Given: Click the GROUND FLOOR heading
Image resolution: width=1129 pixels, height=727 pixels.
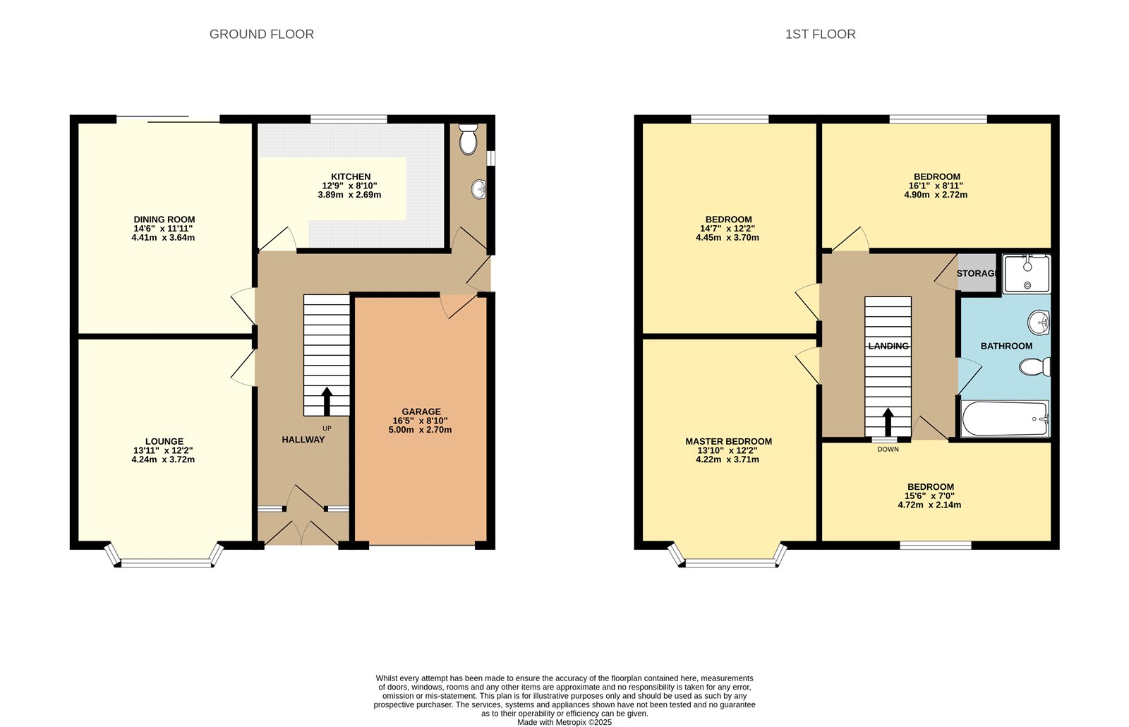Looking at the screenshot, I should [261, 34].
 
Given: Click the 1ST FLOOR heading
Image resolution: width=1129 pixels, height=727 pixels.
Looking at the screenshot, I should [820, 34].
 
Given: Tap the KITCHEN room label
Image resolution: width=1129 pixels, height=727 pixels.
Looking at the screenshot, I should [351, 176].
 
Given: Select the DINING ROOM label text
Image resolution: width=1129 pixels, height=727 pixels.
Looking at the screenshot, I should [164, 220].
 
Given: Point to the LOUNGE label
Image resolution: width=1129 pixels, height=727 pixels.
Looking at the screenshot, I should [164, 441].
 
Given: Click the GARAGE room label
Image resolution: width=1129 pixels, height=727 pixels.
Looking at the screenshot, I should [421, 411].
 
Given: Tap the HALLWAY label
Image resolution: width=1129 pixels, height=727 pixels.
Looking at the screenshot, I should [303, 440].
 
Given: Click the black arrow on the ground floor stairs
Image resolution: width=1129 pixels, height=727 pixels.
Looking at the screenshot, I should [327, 400].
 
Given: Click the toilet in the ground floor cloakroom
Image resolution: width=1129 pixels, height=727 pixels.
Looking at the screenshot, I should [468, 140].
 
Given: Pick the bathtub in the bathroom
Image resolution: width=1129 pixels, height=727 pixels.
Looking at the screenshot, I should [1005, 419].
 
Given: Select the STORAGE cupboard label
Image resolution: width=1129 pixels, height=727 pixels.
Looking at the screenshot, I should [977, 273].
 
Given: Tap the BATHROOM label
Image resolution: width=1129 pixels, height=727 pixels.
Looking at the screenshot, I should [1006, 346].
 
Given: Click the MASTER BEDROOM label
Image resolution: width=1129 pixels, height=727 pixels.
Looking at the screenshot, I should [728, 441].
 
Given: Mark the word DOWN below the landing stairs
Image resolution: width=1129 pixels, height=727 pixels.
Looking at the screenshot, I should [888, 449].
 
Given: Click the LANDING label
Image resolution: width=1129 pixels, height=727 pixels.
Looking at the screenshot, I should [888, 346].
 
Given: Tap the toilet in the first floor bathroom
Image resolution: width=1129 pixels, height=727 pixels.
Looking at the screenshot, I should [1034, 367].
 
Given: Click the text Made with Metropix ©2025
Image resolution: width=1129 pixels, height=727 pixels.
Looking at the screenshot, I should [564, 722].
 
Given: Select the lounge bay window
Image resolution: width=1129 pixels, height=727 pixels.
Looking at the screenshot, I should [165, 563].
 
